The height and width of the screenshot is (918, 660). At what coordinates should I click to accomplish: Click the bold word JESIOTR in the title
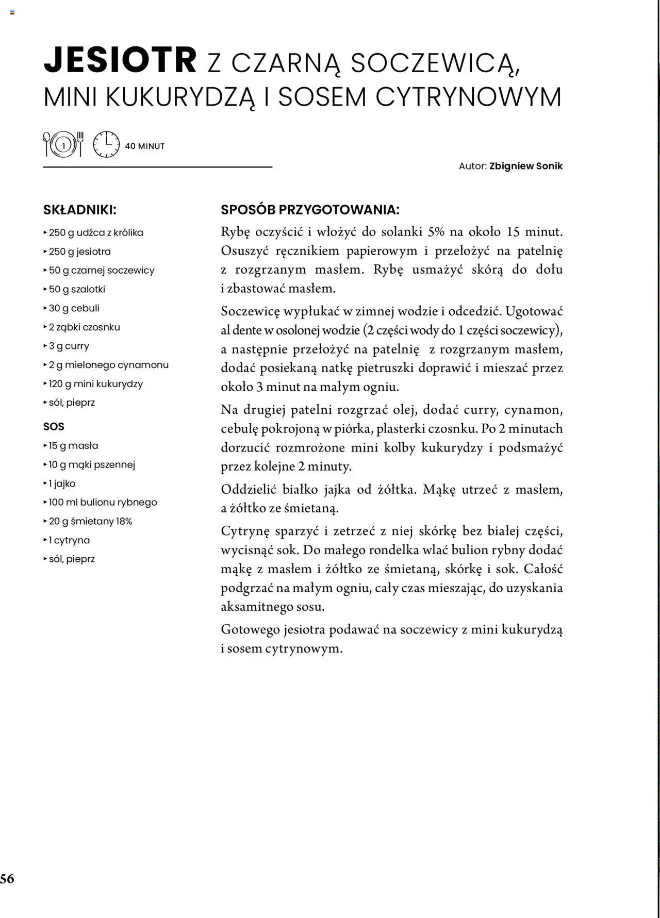(120, 60)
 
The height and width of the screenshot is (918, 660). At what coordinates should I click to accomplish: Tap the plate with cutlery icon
(63, 144)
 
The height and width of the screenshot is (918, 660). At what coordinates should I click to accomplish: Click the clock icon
(106, 144)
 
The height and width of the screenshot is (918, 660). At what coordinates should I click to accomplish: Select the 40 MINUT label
(145, 146)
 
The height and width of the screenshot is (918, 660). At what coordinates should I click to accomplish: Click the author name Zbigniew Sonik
(526, 166)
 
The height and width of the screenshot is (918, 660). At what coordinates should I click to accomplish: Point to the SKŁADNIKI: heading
(80, 210)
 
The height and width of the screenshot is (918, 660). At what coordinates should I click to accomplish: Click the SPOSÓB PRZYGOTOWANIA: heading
(310, 210)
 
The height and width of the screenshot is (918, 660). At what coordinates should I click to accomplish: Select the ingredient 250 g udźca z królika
(96, 232)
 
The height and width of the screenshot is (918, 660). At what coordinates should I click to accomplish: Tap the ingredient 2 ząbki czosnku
(85, 327)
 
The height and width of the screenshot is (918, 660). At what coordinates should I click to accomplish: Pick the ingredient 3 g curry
(69, 346)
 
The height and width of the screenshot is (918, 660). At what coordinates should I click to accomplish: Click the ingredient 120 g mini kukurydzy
(96, 384)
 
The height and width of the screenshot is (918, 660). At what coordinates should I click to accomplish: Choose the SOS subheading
(54, 427)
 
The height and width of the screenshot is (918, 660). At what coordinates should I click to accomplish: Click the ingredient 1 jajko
(62, 483)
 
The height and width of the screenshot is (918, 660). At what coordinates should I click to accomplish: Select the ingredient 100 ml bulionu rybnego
(103, 503)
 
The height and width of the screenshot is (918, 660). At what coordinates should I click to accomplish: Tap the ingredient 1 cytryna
(69, 540)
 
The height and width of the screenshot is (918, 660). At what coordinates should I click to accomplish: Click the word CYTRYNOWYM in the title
(468, 97)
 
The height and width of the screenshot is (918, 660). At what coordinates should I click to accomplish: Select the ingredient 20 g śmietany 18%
(91, 522)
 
